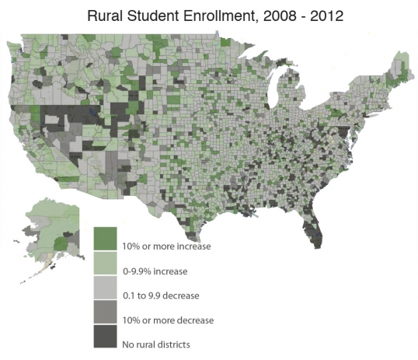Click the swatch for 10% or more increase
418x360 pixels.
105,237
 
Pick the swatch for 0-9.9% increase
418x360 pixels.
105,262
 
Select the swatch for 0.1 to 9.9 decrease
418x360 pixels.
105,287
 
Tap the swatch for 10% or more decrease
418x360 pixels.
105,312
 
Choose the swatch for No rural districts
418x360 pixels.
105,336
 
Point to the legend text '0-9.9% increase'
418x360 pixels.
155,271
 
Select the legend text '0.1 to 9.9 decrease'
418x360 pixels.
161,296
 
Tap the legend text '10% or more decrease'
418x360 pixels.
168,320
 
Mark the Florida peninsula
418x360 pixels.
313,225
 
